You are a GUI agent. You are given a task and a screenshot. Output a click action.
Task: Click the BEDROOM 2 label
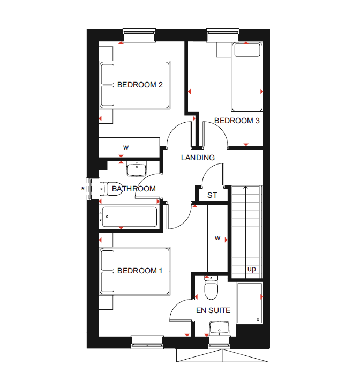point(140,85)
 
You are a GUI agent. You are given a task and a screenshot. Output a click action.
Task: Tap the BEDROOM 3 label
point(237,121)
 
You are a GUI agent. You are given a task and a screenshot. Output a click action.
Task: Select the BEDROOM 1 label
point(140,271)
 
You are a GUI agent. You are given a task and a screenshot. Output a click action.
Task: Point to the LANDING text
point(198,158)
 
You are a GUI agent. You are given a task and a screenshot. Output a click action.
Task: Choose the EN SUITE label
point(213,310)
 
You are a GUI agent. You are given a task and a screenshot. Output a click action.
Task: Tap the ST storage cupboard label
point(212,195)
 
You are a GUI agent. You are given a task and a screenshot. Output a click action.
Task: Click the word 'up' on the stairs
point(251,269)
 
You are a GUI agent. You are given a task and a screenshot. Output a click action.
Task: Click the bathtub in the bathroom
point(129,217)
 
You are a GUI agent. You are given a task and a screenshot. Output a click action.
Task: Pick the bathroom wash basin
point(136,169)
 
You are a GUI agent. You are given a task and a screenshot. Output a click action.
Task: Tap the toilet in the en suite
point(211,289)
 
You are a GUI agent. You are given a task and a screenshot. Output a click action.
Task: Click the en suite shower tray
point(249,303)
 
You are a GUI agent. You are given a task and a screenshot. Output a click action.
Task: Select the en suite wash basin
point(219,327)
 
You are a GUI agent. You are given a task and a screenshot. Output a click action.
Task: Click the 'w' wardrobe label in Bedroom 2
point(126,147)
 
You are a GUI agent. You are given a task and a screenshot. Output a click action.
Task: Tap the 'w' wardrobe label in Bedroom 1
point(217,237)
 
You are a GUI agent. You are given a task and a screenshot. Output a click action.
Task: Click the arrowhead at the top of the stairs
point(245,187)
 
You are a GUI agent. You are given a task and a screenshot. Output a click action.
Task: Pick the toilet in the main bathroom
point(114,189)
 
